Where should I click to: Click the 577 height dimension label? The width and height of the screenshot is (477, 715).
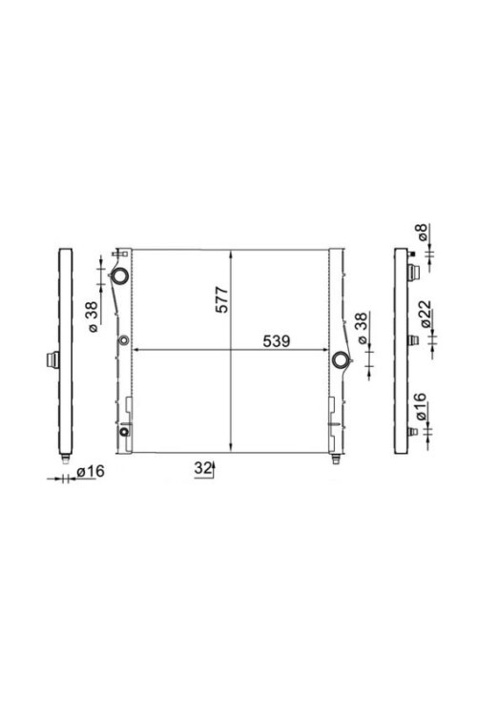tap(222, 299)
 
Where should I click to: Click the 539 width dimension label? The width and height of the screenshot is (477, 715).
tap(277, 341)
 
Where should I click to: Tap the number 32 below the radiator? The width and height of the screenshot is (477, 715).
tap(202, 468)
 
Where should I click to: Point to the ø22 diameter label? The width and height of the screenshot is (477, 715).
tap(425, 314)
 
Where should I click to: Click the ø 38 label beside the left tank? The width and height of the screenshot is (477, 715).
tap(92, 317)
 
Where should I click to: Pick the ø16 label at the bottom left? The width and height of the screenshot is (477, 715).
tap(91, 471)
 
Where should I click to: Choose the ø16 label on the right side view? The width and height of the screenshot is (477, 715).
tap(420, 407)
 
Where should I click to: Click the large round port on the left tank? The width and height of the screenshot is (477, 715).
tap(120, 276)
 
